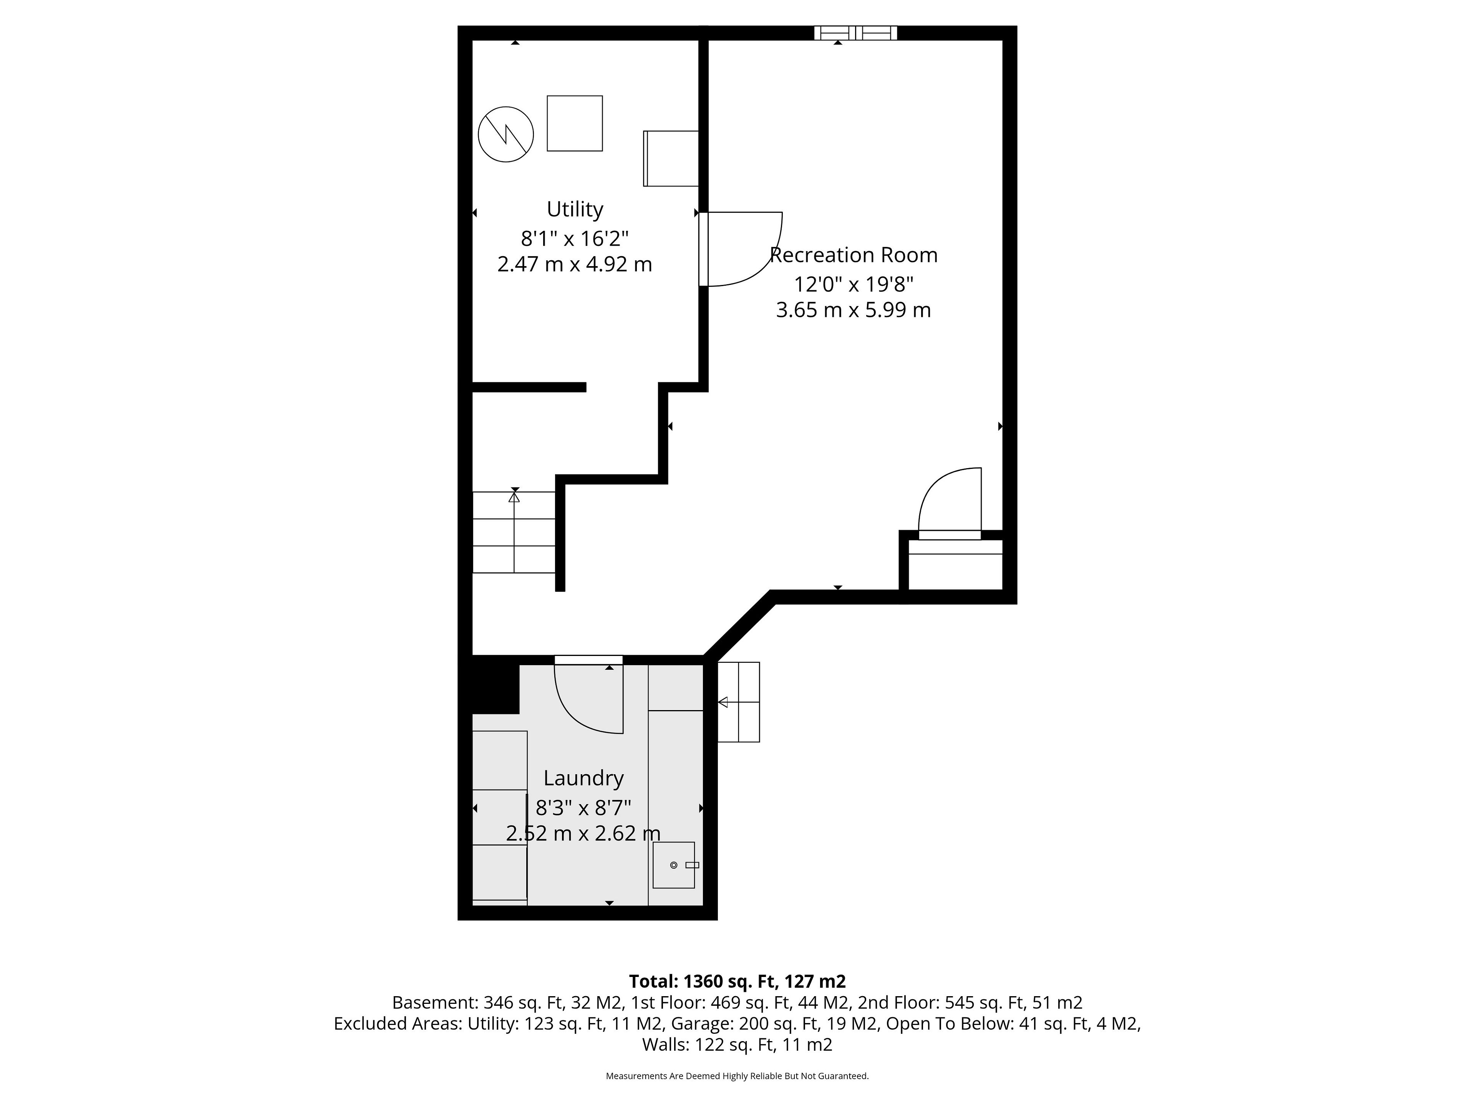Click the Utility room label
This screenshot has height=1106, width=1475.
575,209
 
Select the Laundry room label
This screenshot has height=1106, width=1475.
583,778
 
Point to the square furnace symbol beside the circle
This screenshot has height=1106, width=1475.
575,123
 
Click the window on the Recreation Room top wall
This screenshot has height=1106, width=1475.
855,33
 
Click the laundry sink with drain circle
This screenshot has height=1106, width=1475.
673,865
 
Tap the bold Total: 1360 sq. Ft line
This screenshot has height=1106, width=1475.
737,981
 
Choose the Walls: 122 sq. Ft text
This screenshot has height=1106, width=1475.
737,1045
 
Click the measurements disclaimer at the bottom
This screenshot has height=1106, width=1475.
737,1076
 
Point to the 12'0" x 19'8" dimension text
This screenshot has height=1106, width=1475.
854,285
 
